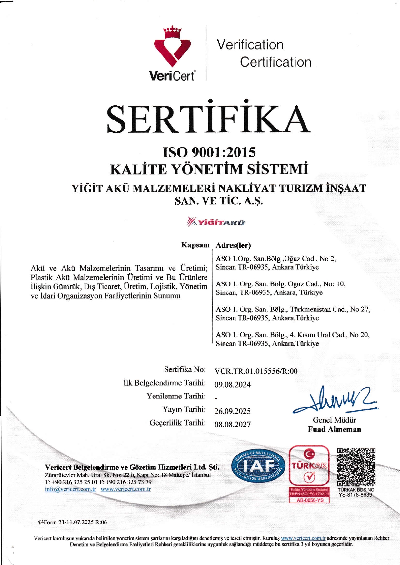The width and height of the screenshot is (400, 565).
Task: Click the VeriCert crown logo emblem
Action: click(x=172, y=47)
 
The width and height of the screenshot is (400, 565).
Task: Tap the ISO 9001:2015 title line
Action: click(x=209, y=152)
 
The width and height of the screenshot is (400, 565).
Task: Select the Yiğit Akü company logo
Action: click(x=215, y=222)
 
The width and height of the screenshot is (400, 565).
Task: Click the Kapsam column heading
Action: click(x=195, y=245)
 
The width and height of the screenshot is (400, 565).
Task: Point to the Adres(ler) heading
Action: click(x=233, y=245)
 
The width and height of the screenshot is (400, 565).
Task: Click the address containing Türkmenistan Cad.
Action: click(x=293, y=313)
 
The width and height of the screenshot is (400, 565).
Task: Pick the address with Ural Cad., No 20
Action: click(x=293, y=339)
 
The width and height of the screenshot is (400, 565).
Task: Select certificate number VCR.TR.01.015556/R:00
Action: click(x=256, y=371)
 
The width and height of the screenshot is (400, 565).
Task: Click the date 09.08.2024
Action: click(x=233, y=385)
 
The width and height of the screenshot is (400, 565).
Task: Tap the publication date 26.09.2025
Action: click(x=233, y=411)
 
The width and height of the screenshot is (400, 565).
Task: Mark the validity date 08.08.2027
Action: click(x=233, y=425)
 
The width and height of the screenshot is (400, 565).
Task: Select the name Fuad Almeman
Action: click(x=335, y=429)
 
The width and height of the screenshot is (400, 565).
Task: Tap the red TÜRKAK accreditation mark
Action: click(x=309, y=467)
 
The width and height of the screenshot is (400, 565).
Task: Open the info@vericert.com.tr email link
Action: click(x=71, y=489)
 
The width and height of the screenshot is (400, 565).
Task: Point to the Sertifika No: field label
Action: click(x=185, y=369)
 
